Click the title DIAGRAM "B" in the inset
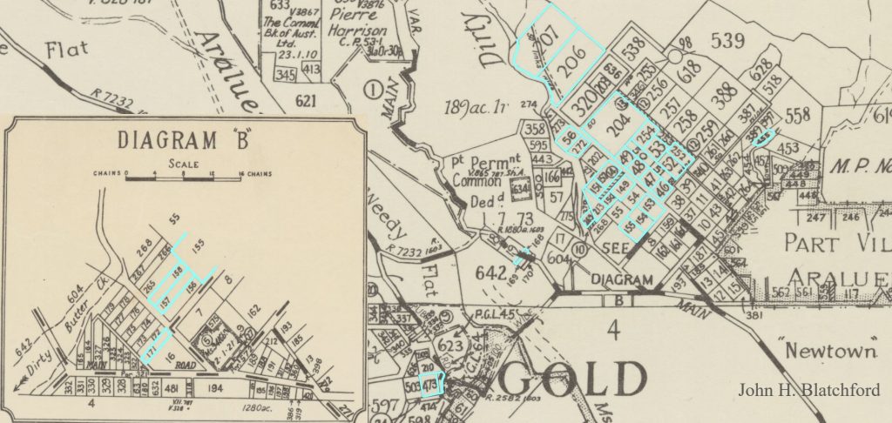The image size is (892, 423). coord(183,138)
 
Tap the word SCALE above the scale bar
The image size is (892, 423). coord(184,163)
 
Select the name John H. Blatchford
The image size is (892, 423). coord(809,390)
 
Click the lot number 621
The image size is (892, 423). coord(305,102)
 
